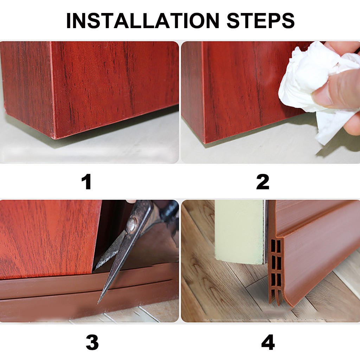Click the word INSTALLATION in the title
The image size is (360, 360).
point(143,21)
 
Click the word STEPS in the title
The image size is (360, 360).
point(261,21)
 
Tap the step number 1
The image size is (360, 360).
point(87,182)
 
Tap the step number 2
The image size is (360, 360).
point(263,182)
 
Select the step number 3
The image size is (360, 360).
point(92,342)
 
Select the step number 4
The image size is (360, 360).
point(268,342)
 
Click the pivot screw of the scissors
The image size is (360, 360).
point(131,224)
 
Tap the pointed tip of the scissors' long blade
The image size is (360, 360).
point(99,303)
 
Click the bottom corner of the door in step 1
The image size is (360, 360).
point(54,139)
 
